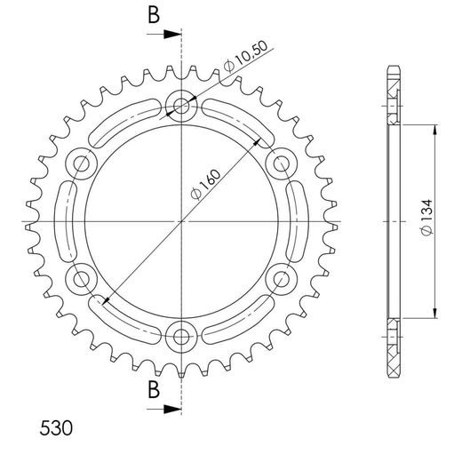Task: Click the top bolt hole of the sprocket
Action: [182, 108]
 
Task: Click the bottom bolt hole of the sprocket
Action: [182, 335]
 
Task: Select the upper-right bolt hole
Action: [281, 163]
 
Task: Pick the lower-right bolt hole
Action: [281, 279]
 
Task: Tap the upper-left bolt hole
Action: [84, 163]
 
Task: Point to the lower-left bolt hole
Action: [84, 279]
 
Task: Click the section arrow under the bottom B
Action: [169, 410]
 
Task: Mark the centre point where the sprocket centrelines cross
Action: [182, 221]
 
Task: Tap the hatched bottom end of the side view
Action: [394, 345]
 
